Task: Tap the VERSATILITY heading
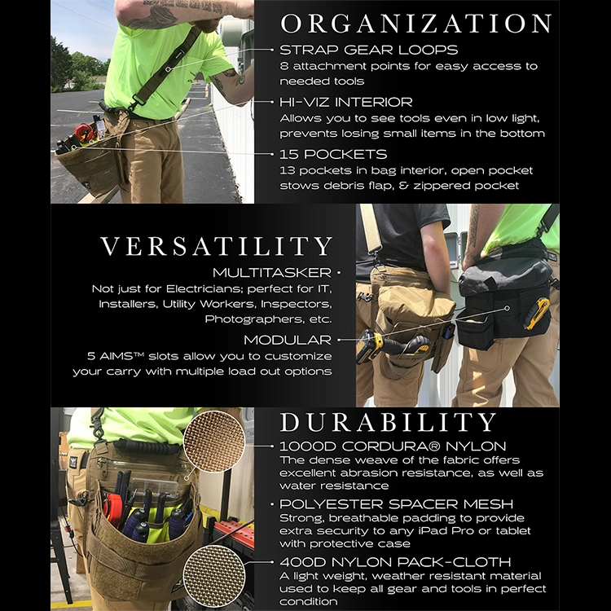point(216,246)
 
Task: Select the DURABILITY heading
point(388,422)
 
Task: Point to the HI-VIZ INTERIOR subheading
point(345,102)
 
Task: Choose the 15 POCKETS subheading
point(333,154)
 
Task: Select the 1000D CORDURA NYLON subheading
point(393,446)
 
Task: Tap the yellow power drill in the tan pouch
point(376,345)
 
